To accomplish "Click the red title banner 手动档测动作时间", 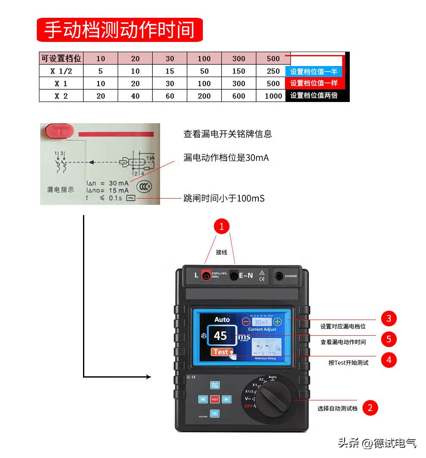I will click(120, 30).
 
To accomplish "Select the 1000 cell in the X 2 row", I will click(273, 96).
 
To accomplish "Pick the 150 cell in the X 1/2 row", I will click(238, 71).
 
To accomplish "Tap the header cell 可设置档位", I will click(61, 58).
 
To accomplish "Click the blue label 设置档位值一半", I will click(314, 72).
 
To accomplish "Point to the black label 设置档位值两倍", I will click(314, 96).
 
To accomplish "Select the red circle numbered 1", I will click(221, 226).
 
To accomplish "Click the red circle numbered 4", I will click(389, 360).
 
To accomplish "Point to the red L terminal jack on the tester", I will click(206, 276).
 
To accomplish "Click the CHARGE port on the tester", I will click(279, 276).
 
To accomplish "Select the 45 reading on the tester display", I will click(220, 336).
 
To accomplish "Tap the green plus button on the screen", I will click(277, 322).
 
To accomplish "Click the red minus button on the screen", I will click(246, 322).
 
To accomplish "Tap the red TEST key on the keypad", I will click(215, 399).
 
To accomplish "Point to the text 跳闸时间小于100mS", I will click(224, 198).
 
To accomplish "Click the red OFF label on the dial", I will click(249, 406).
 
